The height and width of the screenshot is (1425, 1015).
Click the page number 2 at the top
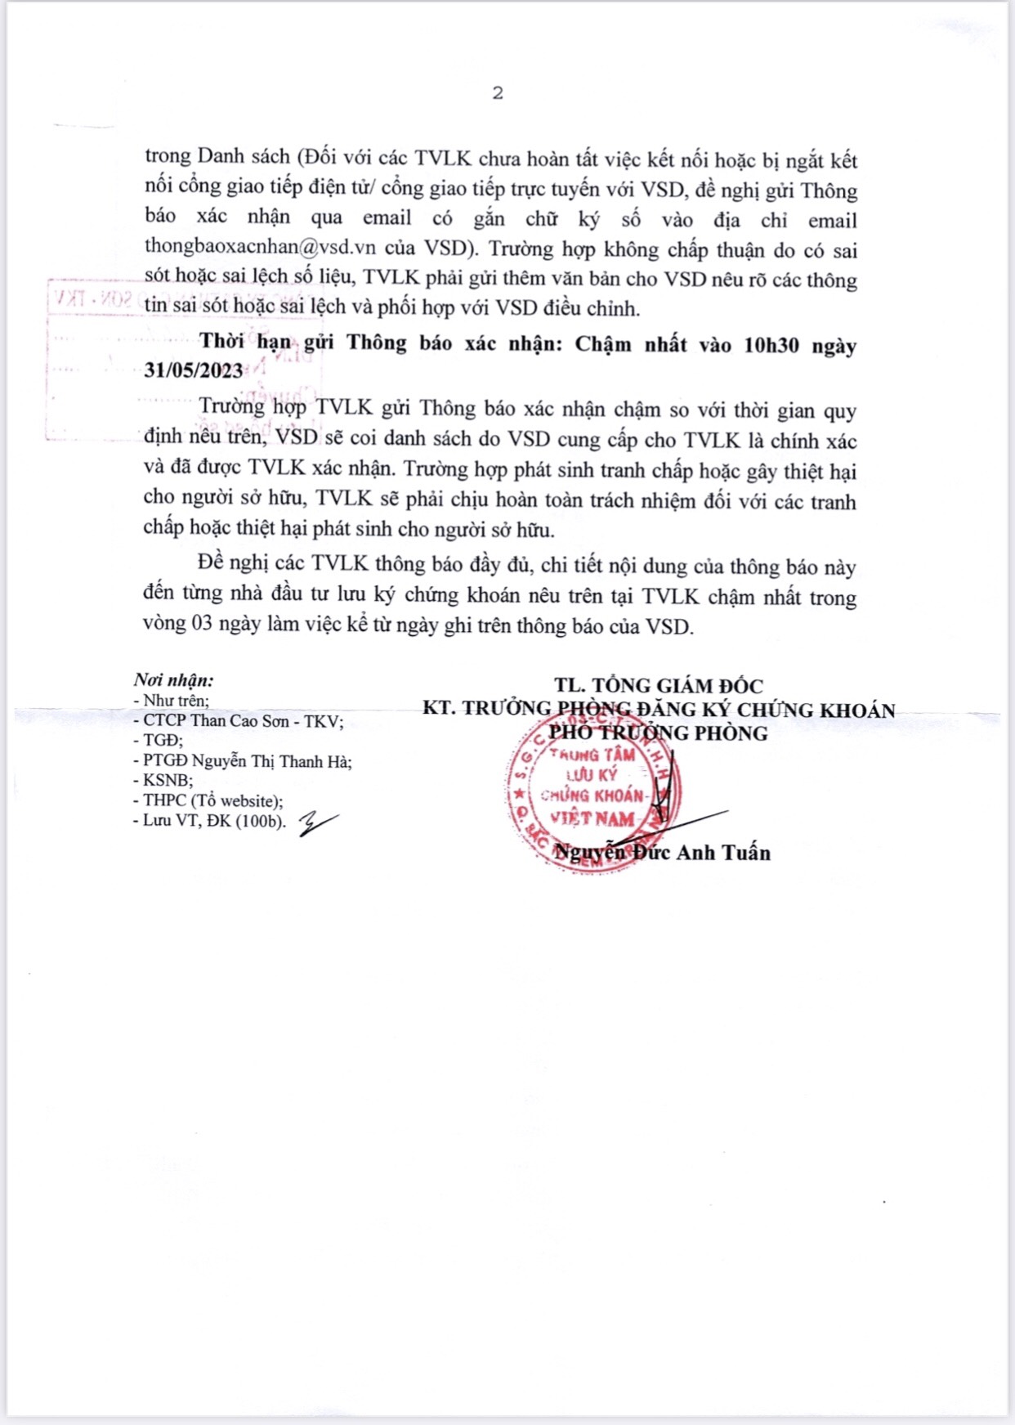498,93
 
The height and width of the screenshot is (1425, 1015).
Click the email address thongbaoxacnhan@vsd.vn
260,247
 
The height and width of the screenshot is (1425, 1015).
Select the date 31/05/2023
194,371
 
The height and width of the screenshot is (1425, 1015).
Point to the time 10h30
771,345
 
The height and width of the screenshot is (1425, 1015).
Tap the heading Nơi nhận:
174,680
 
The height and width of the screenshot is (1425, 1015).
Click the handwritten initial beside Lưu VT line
317,823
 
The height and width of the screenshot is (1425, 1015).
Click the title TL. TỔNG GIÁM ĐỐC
659,686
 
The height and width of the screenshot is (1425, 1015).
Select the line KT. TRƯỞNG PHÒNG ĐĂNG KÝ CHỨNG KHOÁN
659,710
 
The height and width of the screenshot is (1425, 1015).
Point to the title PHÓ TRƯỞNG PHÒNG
659,733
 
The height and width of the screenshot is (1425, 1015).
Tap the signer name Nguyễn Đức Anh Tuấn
662,853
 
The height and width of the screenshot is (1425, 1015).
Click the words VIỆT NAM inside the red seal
592,818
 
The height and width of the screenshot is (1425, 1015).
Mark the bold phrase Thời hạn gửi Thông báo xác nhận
381,343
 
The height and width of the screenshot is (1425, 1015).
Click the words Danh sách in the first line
244,157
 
